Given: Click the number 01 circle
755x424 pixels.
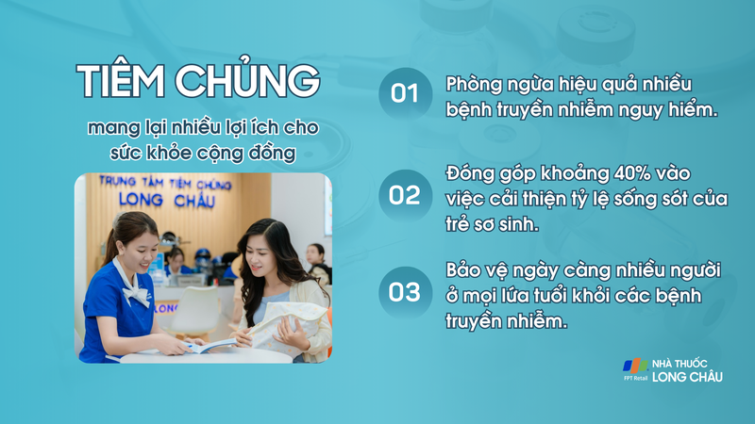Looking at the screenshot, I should (405, 93).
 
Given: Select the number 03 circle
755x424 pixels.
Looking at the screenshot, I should (405, 292).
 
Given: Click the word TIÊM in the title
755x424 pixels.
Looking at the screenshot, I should (120, 82).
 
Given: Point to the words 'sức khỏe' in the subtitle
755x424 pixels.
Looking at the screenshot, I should (129, 154).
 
